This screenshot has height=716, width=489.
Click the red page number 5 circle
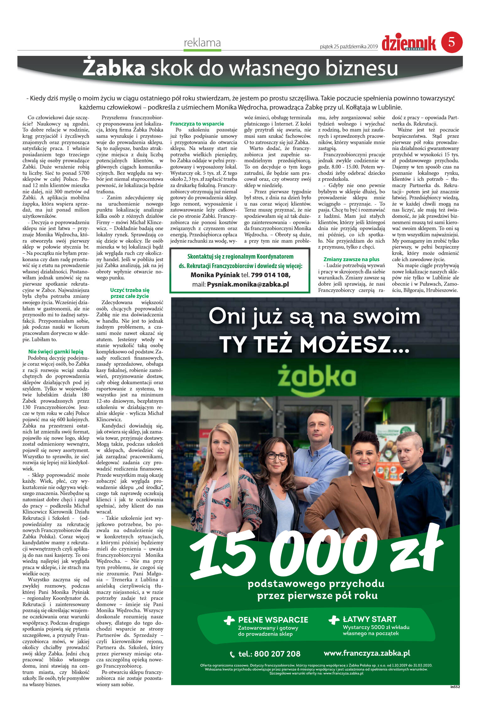[452, 42]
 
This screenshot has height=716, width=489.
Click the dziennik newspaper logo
[409, 43]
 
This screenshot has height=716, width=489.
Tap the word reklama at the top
[202, 43]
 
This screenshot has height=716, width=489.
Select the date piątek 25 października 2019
[349, 47]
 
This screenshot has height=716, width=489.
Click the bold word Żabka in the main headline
[114, 68]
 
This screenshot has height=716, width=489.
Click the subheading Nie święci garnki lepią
[56, 352]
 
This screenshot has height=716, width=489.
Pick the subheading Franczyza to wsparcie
[197, 124]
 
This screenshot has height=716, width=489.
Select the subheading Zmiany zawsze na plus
[351, 259]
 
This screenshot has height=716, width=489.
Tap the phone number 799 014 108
[270, 275]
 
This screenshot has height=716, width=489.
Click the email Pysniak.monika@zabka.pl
[248, 284]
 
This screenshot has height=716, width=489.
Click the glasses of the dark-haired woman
[277, 456]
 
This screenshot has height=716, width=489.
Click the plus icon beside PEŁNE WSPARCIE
[229, 620]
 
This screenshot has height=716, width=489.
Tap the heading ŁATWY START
[369, 619]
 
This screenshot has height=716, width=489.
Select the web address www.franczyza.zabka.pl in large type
[367, 653]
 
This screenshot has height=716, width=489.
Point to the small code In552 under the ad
[455, 686]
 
